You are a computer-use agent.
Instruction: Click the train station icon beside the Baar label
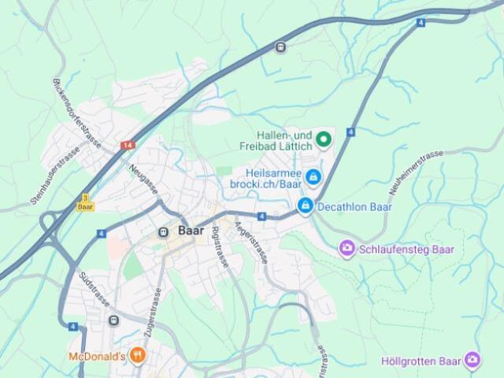pos(164,232)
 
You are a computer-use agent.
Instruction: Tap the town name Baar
pos(191,232)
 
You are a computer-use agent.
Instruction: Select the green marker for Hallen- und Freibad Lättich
pos(323,140)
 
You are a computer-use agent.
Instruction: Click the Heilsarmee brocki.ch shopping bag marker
pos(313,178)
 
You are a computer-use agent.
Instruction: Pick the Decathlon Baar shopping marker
pos(305,206)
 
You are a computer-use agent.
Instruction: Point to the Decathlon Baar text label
pos(354,207)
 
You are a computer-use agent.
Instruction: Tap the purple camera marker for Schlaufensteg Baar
pos(346,249)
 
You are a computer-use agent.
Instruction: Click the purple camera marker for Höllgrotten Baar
pos(472,361)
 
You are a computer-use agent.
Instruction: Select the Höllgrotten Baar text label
pos(420,361)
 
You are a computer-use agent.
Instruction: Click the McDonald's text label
pos(98,356)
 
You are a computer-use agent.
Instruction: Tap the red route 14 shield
pos(128,146)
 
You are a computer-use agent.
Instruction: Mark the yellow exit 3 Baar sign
pos(85,202)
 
